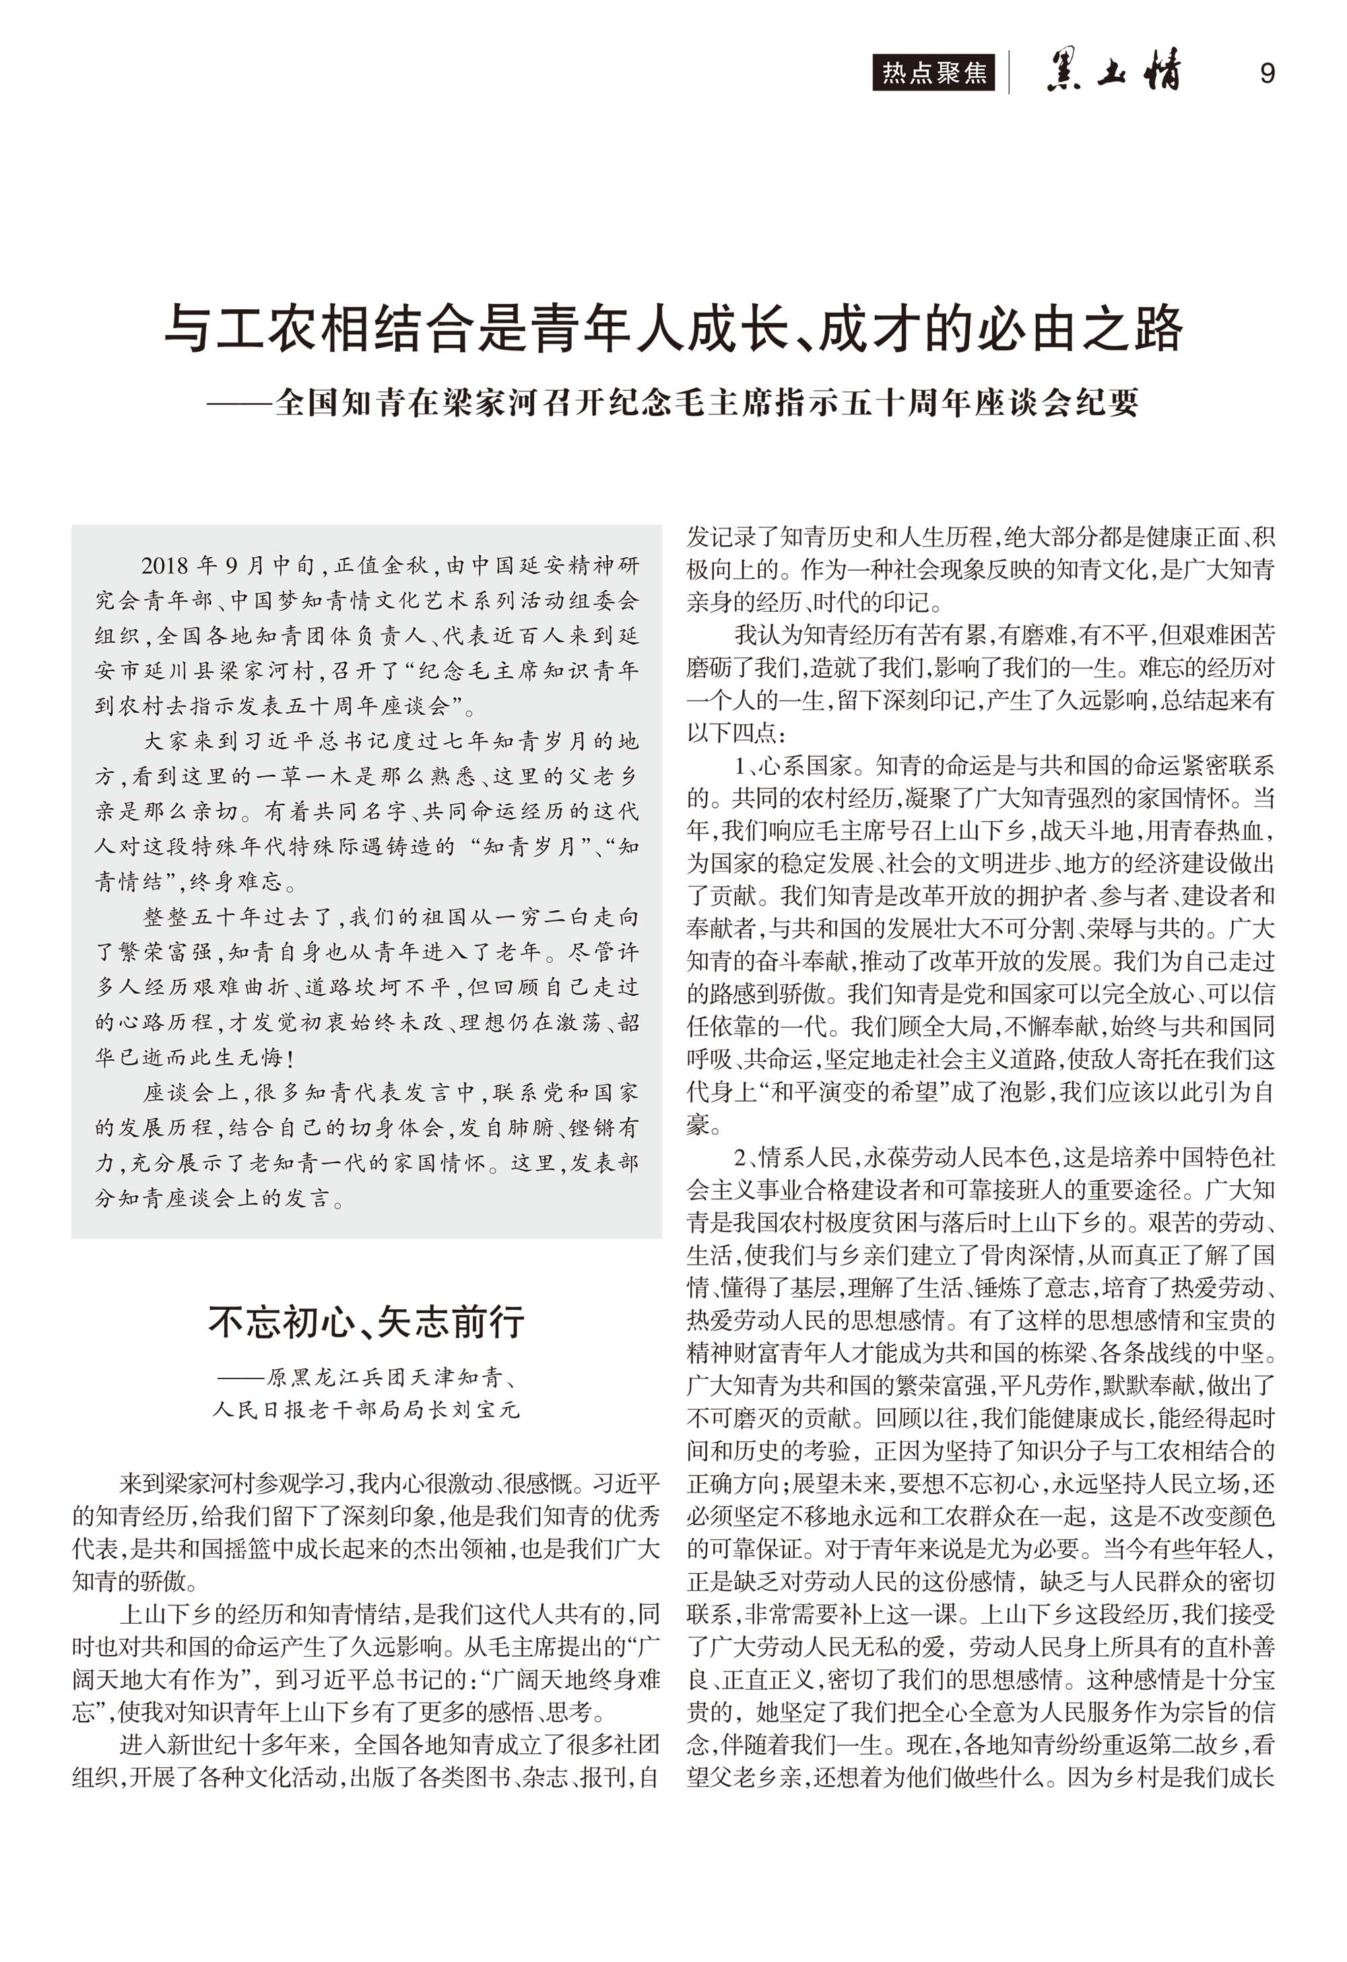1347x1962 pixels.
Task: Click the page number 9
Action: point(1267,73)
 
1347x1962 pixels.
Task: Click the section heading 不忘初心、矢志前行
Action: point(366,1322)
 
